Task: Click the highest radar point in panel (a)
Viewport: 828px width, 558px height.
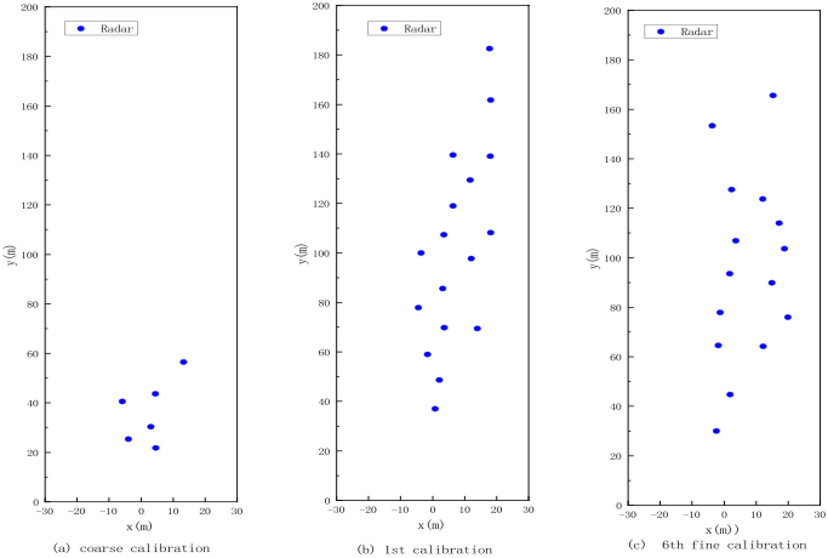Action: [183, 362]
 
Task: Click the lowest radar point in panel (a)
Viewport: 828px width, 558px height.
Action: [156, 448]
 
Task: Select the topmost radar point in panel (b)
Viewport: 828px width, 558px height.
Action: [490, 49]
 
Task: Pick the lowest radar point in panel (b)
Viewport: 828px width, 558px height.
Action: [435, 409]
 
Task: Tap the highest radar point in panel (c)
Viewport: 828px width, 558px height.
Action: [773, 96]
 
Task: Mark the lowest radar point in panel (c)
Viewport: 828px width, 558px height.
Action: [716, 431]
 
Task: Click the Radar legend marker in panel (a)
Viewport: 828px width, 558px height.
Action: [81, 29]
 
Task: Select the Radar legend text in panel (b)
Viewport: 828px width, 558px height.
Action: [420, 29]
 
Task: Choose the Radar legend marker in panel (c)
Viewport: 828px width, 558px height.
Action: [660, 32]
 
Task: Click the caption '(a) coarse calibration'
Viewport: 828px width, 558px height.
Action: [131, 548]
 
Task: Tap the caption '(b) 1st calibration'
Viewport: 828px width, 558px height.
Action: [425, 550]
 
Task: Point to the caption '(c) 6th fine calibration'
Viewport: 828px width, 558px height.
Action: [717, 545]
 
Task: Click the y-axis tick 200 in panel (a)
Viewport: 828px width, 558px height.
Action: [30, 8]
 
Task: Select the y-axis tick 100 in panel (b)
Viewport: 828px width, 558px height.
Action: [321, 253]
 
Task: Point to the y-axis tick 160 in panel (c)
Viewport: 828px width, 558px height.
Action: [613, 110]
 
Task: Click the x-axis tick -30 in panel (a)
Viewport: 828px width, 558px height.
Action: [44, 511]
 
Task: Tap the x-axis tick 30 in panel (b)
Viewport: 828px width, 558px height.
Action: [528, 510]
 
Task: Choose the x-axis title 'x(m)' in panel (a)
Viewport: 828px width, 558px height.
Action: [139, 526]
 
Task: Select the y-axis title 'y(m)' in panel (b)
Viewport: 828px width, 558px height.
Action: [302, 254]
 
